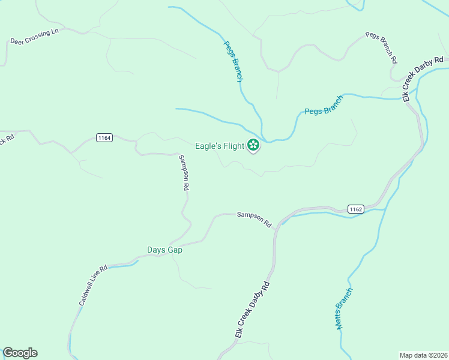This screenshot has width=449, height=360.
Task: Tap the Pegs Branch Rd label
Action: (x=381, y=48)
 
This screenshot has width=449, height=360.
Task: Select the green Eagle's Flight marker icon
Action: (x=253, y=145)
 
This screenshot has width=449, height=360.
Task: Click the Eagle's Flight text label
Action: (x=220, y=146)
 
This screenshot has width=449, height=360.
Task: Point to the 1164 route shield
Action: (x=104, y=138)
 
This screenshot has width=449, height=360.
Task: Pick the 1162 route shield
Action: (x=355, y=209)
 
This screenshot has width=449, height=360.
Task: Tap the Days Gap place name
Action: (x=164, y=250)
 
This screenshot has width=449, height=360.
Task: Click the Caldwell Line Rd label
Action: (x=93, y=286)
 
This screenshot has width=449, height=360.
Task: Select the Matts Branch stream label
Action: (x=344, y=308)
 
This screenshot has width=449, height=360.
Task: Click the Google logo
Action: (x=20, y=353)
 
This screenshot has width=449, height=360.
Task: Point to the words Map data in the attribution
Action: (x=413, y=355)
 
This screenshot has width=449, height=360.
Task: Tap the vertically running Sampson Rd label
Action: (x=184, y=173)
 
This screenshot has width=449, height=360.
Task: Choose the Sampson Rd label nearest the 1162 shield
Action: (x=255, y=219)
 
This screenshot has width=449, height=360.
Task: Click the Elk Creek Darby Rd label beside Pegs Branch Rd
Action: (x=423, y=79)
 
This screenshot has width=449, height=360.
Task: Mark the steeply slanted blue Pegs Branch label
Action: (x=233, y=61)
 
